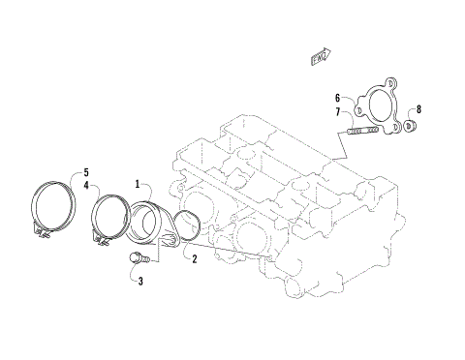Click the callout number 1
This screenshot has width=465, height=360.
coord(138,183)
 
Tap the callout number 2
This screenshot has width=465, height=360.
coord(194,258)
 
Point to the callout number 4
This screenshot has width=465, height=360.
coord(86,184)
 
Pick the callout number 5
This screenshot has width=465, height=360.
coord(86,171)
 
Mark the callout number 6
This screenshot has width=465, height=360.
coord(338,98)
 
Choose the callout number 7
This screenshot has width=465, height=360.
coord(338,112)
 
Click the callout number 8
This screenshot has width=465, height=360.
coord(419,108)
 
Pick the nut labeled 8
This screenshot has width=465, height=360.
coord(410,125)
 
